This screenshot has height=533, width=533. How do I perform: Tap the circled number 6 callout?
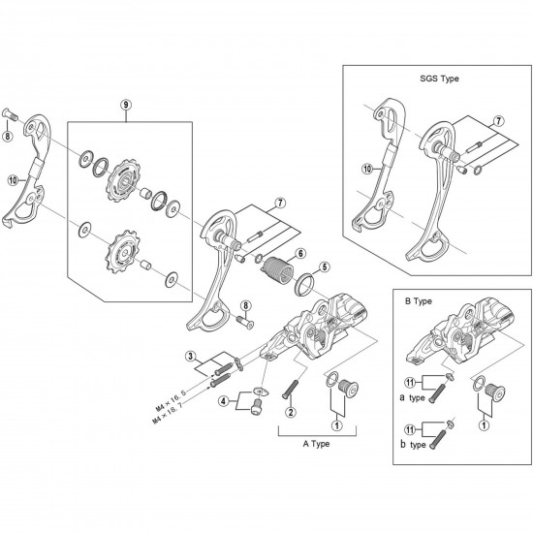[301, 253]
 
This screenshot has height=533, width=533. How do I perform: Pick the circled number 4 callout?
[224, 400]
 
